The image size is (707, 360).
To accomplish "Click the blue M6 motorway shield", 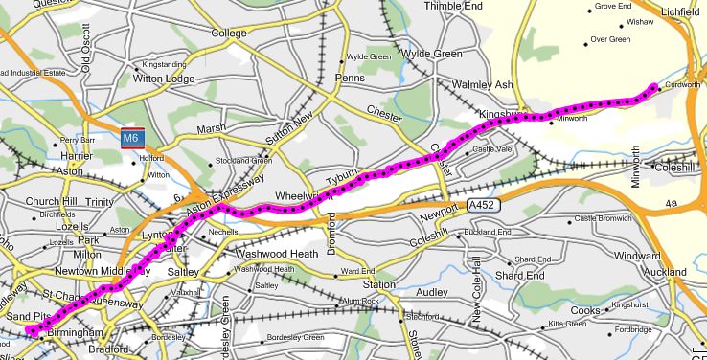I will click(x=133, y=139).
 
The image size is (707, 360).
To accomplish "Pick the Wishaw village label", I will click(x=639, y=20).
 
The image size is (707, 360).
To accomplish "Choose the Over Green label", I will click(x=610, y=39).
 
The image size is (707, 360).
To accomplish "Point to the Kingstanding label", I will click(x=163, y=65).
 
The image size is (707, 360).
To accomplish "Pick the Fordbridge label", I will click(x=633, y=330).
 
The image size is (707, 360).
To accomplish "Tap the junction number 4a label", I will click(x=672, y=203).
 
